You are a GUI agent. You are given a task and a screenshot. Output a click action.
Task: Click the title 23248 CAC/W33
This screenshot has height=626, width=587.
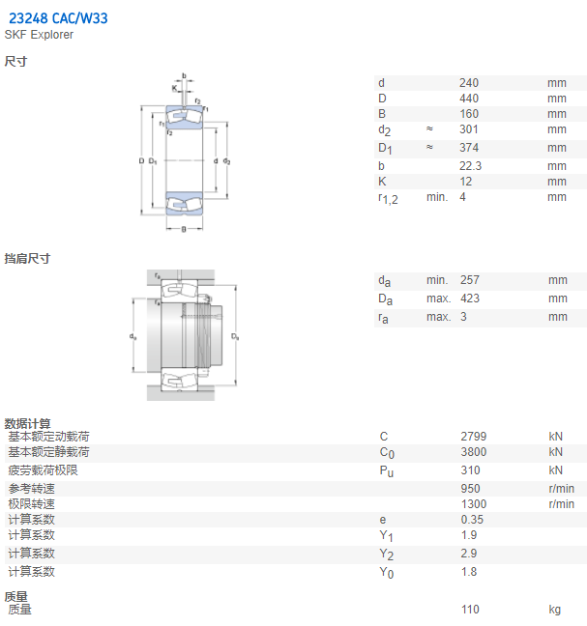coord(58,18)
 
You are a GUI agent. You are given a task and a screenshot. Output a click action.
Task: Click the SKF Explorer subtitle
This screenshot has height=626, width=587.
coord(39,35)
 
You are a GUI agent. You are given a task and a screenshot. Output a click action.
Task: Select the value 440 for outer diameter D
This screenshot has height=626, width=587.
coord(469,99)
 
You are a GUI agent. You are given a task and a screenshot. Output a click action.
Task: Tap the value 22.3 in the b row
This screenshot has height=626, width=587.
coord(470,166)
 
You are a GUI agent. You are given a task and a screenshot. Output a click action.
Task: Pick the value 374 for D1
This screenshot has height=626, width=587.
coord(469,148)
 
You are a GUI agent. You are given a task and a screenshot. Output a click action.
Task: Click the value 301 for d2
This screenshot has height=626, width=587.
coord(469,129)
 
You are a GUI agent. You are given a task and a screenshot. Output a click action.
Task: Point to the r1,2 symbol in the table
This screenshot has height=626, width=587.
coord(388,198)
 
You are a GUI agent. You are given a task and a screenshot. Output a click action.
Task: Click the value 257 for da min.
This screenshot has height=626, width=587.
coord(470,280)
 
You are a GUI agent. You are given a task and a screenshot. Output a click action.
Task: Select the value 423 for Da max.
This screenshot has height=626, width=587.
coord(470,299)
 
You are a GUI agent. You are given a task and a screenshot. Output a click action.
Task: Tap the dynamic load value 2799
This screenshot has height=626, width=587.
coord(474,437)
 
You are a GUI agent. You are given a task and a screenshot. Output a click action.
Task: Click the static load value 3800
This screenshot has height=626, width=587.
coord(474,452)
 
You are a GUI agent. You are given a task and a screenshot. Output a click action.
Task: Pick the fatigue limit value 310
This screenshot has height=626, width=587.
coord(470,470)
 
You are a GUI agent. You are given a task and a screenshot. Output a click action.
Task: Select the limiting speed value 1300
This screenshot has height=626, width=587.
coord(474,504)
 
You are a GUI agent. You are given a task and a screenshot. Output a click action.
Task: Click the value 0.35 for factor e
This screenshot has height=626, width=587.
coord(472,520)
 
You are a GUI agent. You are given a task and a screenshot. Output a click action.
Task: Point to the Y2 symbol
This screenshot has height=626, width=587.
coord(387,555)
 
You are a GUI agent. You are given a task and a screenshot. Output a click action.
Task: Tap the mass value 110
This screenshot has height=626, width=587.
coord(470,610)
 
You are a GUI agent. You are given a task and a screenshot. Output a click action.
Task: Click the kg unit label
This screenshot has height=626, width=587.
coord(555,610)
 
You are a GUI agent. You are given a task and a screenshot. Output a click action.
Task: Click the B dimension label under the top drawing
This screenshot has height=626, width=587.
coord(184,229)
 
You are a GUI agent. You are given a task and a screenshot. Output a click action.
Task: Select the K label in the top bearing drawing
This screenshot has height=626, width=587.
coord(175,88)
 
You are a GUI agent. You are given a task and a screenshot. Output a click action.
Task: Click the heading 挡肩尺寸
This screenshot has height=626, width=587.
coord(27,259)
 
